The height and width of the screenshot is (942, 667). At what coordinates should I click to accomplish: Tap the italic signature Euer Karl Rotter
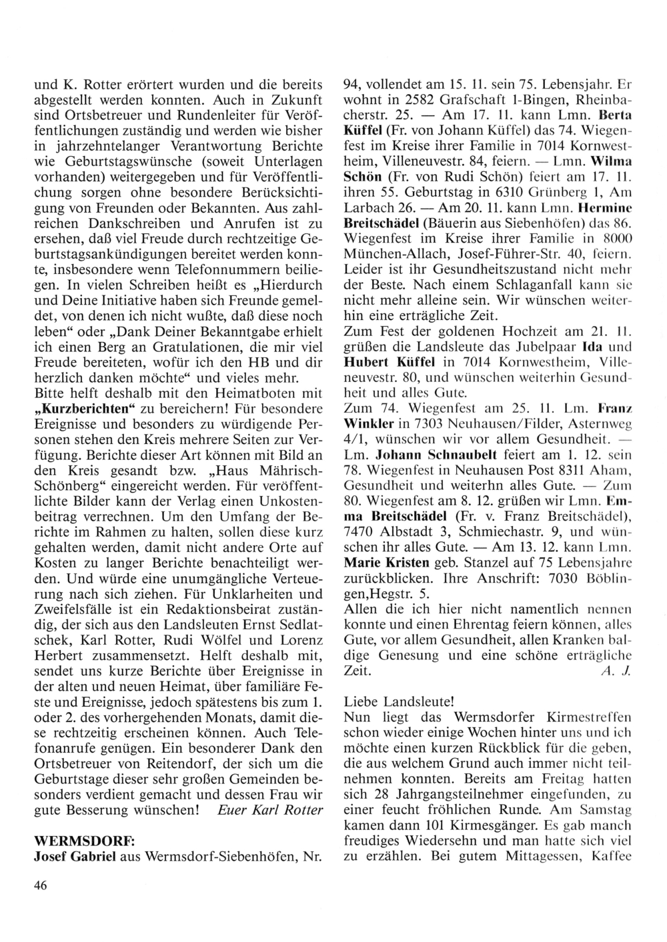270,811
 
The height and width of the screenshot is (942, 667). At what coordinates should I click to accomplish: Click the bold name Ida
574,347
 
